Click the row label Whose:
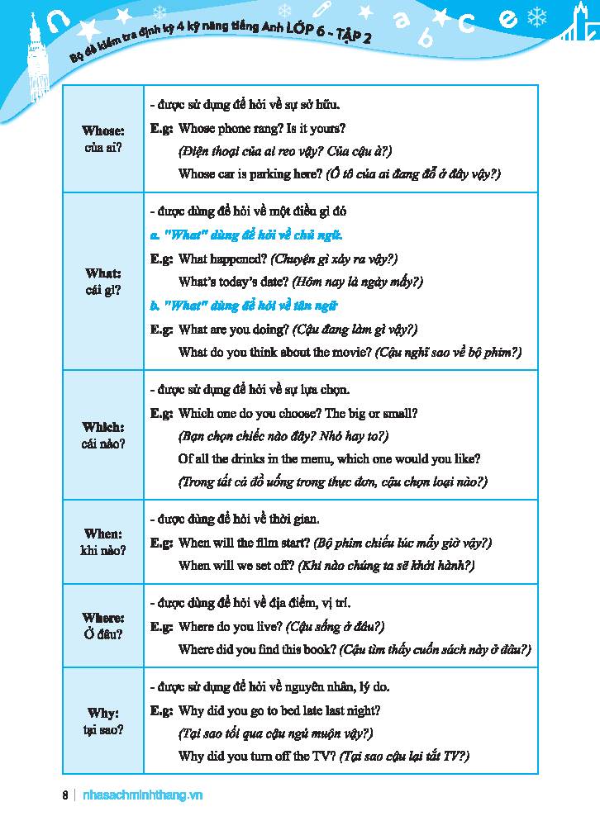(x=103, y=131)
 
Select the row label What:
(x=103, y=273)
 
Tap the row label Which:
(x=103, y=427)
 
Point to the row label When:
(x=103, y=534)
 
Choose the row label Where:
(x=103, y=618)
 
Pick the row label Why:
(x=103, y=713)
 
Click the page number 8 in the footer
(x=65, y=795)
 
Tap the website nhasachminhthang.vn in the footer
(x=143, y=795)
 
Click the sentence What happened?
(x=222, y=259)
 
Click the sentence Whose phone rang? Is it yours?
(x=262, y=128)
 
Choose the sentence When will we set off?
(x=236, y=566)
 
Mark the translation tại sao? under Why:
(x=103, y=730)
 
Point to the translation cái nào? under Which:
(x=103, y=444)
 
